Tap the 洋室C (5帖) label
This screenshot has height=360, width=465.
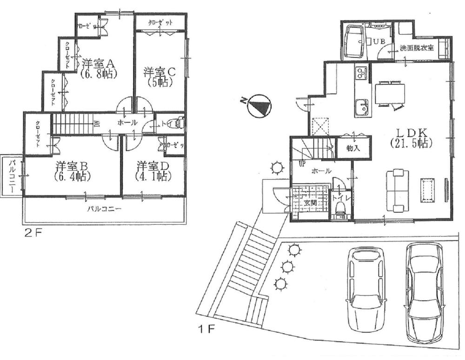click(x=159, y=77)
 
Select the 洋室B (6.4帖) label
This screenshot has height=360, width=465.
click(x=72, y=171)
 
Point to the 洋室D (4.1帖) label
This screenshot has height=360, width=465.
click(x=153, y=171)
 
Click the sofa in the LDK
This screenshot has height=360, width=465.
click(x=397, y=190)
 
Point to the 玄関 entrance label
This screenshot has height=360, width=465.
click(x=311, y=203)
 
